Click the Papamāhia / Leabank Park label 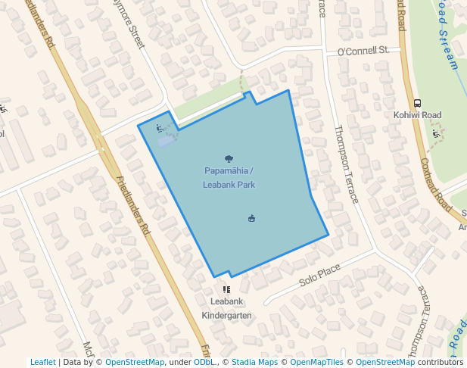229,177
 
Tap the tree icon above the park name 229,159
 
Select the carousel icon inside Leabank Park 251,219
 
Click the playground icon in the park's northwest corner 159,128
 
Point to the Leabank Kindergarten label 226,308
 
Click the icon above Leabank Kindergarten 226,289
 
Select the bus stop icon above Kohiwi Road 417,103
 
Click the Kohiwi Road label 417,115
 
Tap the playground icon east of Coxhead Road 435,134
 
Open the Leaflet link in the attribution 42,362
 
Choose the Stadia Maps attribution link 254,362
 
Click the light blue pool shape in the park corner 165,140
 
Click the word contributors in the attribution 441,362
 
